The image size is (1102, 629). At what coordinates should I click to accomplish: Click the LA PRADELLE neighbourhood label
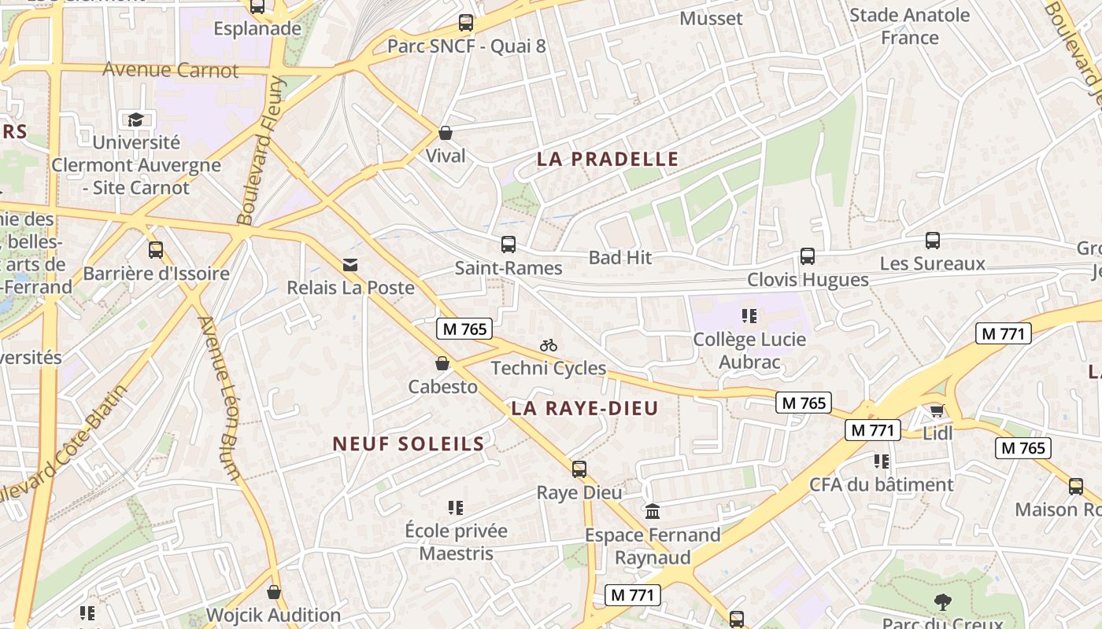point(607,159)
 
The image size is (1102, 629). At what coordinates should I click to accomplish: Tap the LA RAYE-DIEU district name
point(584,408)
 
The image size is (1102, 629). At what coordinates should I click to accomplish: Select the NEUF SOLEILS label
point(408,443)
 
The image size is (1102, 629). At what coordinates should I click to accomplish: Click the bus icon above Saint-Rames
point(508,245)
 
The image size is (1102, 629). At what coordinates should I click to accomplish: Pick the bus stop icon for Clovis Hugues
point(808,256)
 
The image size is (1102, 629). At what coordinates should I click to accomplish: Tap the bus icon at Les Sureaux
point(933,240)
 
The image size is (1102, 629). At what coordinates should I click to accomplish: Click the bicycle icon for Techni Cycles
point(549,345)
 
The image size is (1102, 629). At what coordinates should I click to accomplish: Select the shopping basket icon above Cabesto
point(442,363)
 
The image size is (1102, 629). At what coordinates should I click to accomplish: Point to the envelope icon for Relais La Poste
point(350,265)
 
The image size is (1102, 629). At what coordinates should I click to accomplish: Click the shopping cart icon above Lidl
point(937,410)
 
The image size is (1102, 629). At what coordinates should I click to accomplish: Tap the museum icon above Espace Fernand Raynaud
point(653,512)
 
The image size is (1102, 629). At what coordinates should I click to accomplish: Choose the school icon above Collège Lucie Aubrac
point(749,316)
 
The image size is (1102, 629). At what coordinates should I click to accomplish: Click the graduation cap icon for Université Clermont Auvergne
point(136,120)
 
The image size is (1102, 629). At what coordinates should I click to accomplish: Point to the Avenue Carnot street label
point(170,70)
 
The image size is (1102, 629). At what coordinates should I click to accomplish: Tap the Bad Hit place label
point(620,257)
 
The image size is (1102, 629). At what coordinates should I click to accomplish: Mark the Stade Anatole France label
point(910,26)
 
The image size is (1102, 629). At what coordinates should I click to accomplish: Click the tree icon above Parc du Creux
point(942,602)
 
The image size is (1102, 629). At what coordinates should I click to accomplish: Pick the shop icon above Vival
point(446,133)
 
